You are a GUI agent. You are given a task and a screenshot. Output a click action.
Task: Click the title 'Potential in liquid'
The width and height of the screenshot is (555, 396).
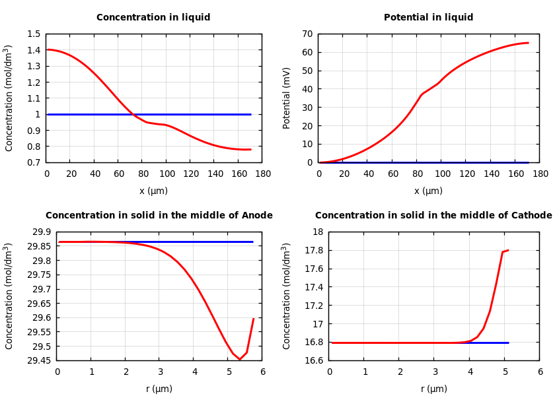tap(428, 18)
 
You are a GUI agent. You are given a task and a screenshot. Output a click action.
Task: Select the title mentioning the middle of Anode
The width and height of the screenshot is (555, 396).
tap(159, 216)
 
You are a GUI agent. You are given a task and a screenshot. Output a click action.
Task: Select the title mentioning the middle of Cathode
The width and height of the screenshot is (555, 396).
tap(433, 216)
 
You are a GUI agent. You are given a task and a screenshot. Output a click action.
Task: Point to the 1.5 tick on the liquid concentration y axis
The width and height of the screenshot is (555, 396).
tap(34, 34)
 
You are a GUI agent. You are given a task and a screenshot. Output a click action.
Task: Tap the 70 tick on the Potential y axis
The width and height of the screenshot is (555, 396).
tap(307, 34)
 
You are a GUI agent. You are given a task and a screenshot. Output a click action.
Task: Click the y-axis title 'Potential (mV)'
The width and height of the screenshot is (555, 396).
tap(287, 98)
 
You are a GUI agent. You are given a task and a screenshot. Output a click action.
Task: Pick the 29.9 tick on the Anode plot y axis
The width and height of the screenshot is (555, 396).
tap(42, 232)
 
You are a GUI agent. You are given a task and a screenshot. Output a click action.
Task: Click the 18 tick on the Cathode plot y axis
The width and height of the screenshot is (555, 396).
tap(318, 232)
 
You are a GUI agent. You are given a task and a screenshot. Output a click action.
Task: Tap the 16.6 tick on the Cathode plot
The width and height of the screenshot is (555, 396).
tap(314, 360)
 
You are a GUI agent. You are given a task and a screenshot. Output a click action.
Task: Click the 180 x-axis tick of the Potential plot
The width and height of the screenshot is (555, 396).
tap(540, 174)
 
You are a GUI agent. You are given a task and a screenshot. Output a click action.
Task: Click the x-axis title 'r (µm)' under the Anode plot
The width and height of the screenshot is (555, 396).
tap(159, 389)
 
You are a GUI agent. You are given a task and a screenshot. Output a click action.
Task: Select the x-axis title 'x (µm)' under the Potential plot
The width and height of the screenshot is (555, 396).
tap(428, 191)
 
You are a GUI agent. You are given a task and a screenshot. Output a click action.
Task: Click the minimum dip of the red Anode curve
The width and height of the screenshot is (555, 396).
tap(239, 360)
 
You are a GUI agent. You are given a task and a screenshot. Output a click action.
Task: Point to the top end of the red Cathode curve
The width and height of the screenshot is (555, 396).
tap(507, 250)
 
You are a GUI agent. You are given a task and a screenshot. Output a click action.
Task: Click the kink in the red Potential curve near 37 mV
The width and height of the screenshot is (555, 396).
tap(422, 94)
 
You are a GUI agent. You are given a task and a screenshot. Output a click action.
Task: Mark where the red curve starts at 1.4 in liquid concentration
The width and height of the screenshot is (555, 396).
tap(48, 49)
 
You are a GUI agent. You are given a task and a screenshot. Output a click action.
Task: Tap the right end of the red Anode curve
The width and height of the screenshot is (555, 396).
tap(253, 319)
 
